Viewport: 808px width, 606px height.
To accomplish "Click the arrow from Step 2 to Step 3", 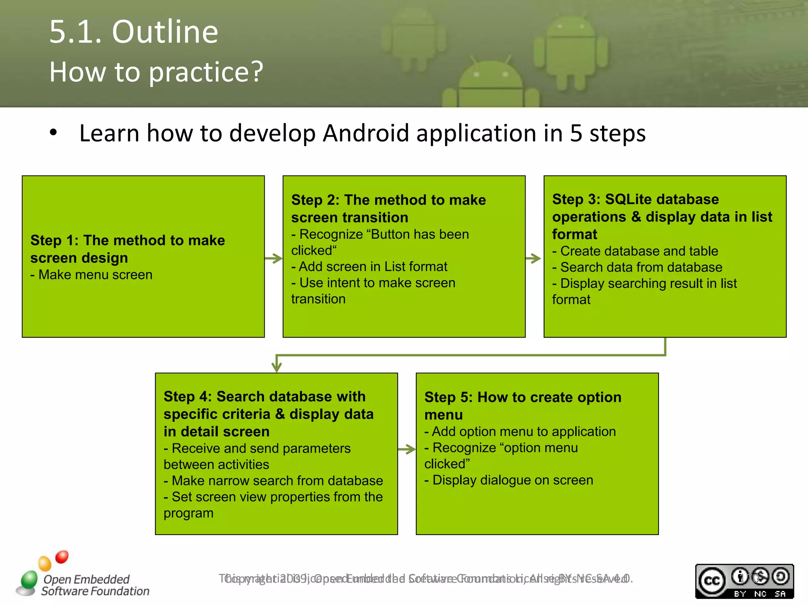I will click(x=533, y=259).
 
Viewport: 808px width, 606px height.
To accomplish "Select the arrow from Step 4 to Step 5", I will click(x=406, y=449).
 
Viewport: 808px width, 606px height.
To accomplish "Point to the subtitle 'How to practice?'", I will click(x=156, y=72).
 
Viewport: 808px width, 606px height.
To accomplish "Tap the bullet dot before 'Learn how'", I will click(x=53, y=133).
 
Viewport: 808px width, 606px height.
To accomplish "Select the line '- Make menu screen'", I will click(x=92, y=275).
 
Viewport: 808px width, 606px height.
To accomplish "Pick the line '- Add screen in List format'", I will click(x=369, y=267).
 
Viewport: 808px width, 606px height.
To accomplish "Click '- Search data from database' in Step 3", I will click(x=637, y=267).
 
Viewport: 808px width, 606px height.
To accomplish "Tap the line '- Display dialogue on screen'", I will click(x=509, y=480).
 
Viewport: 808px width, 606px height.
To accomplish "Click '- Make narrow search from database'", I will click(x=273, y=481).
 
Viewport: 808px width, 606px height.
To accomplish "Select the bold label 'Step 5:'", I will click(x=448, y=397).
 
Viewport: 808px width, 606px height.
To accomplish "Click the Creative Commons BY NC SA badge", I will click(x=744, y=581).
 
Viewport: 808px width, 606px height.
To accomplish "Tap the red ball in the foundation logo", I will click(x=62, y=557).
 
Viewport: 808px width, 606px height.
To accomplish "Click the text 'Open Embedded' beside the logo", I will click(x=86, y=579).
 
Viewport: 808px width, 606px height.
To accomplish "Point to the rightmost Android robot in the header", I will click(x=570, y=49).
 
